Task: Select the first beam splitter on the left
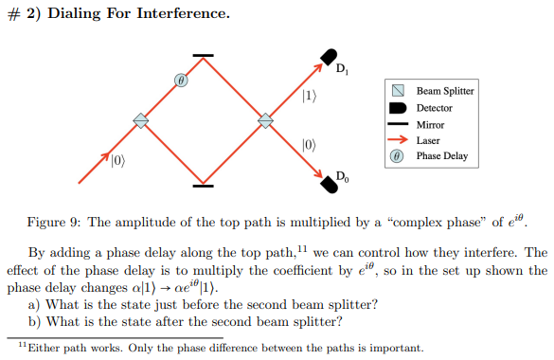[x=141, y=119]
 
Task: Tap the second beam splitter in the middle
[x=266, y=119]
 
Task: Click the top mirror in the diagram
[x=204, y=56]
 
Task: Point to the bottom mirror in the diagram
[x=204, y=184]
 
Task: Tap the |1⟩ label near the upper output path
[x=310, y=95]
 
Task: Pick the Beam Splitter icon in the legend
[x=400, y=91]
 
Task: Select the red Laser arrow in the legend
[x=399, y=140]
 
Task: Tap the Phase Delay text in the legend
[x=442, y=156]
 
